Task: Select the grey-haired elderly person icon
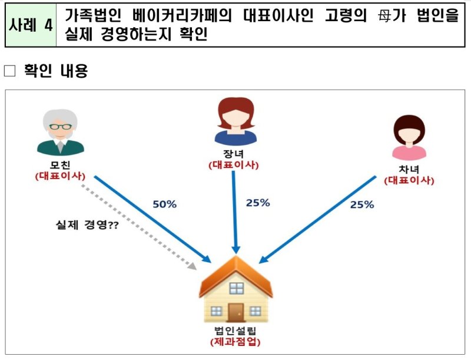59,133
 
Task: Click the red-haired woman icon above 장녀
235,121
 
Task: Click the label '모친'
59,165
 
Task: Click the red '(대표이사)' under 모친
59,176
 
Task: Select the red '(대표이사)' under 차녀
409,180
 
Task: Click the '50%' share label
165,204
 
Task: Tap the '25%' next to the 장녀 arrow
257,203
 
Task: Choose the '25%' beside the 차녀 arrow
362,204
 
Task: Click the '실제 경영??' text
87,224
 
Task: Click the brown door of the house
236,312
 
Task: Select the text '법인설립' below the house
235,332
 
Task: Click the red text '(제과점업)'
235,342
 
